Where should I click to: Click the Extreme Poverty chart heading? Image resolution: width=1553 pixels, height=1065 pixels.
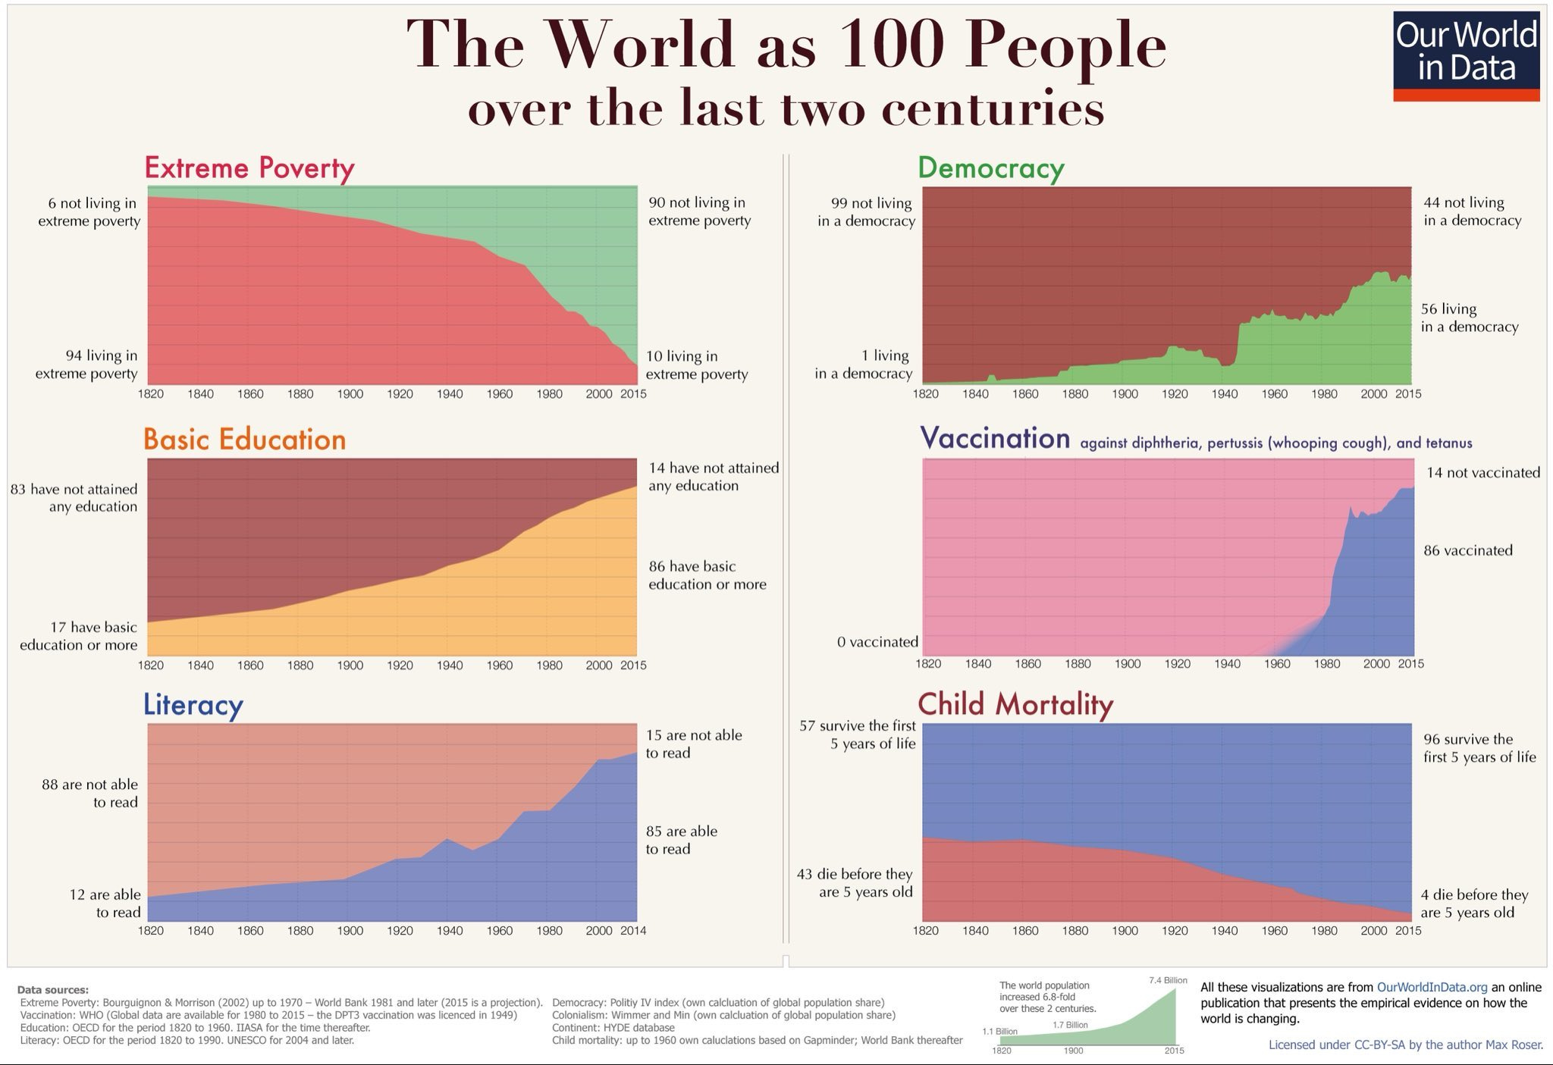click(x=249, y=168)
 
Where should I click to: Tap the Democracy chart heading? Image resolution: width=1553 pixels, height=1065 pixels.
click(x=990, y=168)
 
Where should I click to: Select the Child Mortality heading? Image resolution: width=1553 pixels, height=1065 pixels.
click(x=1015, y=703)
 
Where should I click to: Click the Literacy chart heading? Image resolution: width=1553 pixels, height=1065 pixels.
click(x=193, y=704)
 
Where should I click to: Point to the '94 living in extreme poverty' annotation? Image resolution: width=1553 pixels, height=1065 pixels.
click(x=87, y=365)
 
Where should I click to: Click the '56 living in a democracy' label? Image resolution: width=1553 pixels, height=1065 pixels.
click(x=1469, y=318)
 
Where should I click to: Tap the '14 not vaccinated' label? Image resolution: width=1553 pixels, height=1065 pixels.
click(x=1482, y=472)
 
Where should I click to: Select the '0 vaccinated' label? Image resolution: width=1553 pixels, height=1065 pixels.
click(x=877, y=642)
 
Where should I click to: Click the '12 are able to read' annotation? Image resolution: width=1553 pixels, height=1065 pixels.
click(x=105, y=904)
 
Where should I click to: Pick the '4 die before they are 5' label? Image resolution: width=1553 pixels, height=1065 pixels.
click(x=1473, y=904)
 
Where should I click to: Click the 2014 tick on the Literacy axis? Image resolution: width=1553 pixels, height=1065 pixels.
click(x=633, y=930)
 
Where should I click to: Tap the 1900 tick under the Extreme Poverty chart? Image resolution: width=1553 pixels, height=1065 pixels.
click(x=350, y=393)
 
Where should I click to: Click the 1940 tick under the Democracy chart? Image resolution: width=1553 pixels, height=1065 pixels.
click(x=1224, y=393)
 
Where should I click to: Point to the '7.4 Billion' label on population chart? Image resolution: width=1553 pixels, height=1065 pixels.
click(x=1168, y=980)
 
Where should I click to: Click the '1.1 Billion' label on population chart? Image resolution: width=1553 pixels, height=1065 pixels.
click(x=999, y=1031)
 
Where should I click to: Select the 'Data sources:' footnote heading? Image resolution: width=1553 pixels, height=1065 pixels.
click(x=52, y=989)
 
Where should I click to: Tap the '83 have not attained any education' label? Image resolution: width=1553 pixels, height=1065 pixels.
click(x=74, y=498)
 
